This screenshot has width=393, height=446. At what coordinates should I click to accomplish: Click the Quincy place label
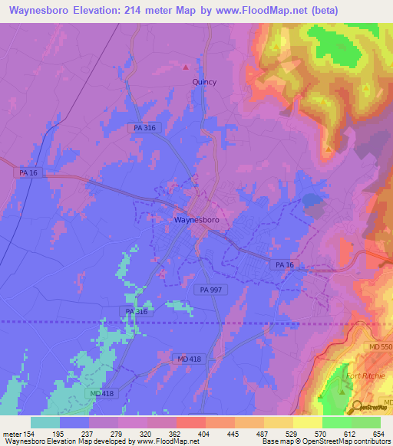[203, 82]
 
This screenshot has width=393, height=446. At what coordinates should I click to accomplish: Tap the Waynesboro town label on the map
[197, 220]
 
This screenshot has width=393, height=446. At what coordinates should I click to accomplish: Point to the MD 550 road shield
[380, 349]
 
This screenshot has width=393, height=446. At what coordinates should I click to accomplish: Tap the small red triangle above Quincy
[185, 66]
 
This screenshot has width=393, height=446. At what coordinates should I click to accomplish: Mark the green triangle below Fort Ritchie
[342, 392]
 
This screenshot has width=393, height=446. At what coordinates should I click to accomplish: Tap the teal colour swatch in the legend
[45, 422]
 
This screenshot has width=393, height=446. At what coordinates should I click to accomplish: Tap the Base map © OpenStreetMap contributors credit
[325, 441]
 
